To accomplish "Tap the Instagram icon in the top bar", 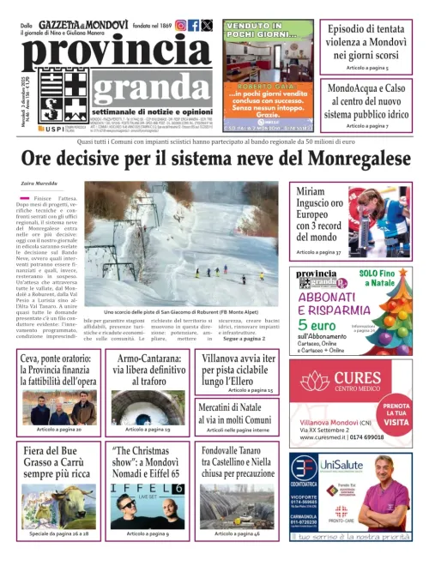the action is (x=180, y=26).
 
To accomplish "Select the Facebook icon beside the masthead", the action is (x=194, y=26).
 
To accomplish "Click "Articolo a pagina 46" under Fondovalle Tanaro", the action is (x=237, y=533).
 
